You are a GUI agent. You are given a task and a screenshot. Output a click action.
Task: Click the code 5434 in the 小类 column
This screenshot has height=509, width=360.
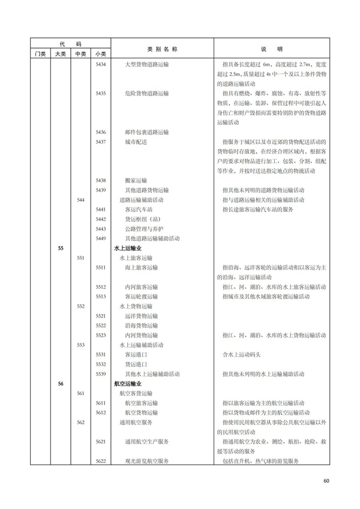click(101, 64)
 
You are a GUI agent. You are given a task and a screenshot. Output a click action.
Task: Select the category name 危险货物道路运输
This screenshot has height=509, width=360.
click(147, 94)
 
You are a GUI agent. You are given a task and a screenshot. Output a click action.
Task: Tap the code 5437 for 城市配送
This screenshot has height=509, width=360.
click(101, 142)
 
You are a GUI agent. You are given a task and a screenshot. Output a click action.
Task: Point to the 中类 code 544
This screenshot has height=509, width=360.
click(80, 199)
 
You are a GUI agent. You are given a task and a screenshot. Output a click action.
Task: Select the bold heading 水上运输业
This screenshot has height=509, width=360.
click(128, 247)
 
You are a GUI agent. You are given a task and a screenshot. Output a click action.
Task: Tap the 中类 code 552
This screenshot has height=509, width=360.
click(80, 306)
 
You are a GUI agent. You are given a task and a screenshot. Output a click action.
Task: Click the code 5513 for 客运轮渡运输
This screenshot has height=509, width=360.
click(101, 296)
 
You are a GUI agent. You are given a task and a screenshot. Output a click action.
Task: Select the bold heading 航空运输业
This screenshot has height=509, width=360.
click(128, 383)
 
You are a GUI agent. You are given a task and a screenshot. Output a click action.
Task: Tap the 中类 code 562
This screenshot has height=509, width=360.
click(80, 422)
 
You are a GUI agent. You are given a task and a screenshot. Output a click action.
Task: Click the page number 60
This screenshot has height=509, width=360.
click(326, 480)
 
